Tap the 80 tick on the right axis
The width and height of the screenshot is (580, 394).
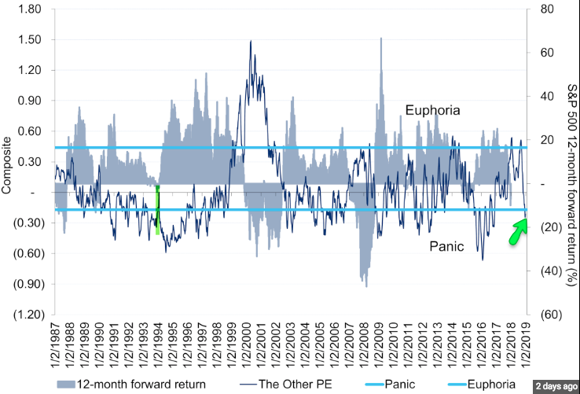coord(542,9)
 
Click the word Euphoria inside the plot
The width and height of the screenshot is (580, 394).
coord(432,110)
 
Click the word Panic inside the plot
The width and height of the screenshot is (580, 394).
coord(446,246)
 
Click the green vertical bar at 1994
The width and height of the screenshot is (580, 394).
coord(158,209)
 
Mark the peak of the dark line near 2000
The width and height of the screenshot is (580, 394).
coord(251,41)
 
